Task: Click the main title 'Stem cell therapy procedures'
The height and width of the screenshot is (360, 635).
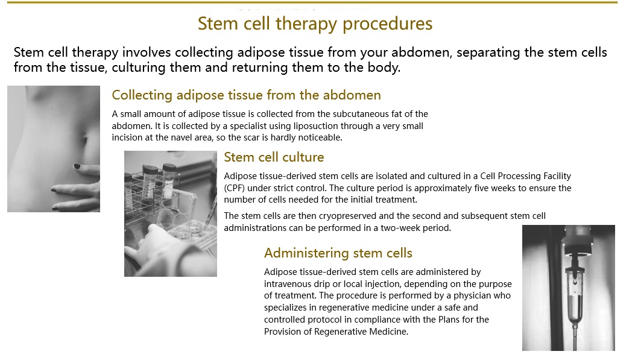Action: (x=315, y=24)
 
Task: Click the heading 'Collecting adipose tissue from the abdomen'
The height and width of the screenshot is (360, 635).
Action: (x=246, y=95)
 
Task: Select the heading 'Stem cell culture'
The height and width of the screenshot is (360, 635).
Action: (x=274, y=157)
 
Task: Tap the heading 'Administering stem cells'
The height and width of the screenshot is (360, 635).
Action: (x=338, y=253)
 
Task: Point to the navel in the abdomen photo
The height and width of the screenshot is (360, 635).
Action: (x=86, y=140)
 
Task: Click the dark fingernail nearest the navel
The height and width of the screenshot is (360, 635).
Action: (x=77, y=166)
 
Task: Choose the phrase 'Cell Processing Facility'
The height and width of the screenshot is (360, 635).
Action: (x=526, y=176)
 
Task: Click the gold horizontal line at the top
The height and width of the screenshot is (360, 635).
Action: (x=312, y=2)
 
